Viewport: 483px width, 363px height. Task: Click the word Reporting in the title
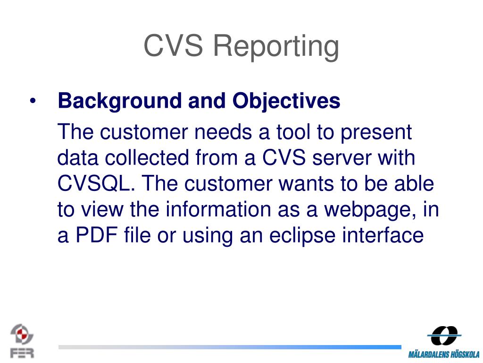276,47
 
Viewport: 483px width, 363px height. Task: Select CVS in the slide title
174,45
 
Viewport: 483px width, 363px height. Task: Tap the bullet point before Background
33,101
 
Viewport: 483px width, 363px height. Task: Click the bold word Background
120,102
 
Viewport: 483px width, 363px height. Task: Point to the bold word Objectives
286,102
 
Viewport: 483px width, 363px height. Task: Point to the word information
218,209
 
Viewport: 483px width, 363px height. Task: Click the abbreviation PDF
97,235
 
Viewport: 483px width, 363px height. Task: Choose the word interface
383,235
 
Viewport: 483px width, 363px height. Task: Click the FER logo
22,341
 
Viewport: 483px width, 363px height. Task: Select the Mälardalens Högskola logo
444,342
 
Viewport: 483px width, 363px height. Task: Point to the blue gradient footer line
230,347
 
